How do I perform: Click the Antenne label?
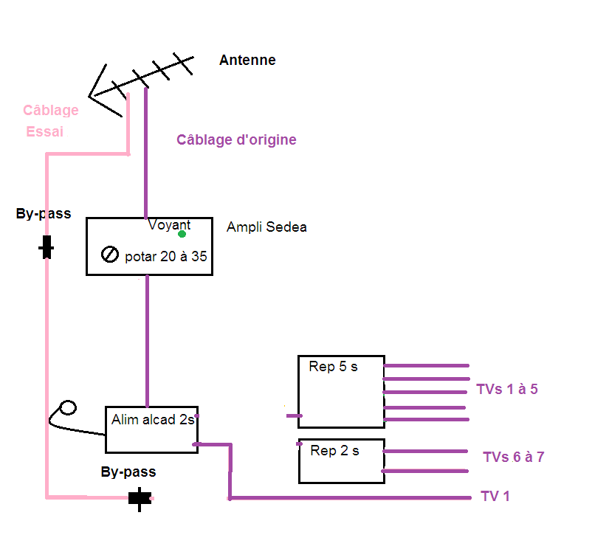(247, 60)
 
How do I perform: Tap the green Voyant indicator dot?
(182, 234)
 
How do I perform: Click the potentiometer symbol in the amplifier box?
(110, 254)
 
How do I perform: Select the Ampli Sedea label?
(266, 227)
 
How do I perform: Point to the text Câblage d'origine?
(236, 139)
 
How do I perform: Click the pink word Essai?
(44, 131)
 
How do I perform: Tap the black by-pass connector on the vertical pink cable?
(47, 247)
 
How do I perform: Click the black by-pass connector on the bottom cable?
(140, 499)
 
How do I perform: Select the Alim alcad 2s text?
(153, 419)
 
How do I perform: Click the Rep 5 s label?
(333, 367)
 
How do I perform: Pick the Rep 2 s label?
(334, 450)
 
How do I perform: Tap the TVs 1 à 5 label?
(507, 390)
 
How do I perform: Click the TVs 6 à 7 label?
(514, 458)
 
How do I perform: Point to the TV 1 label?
(495, 496)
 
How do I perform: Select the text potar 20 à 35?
(166, 256)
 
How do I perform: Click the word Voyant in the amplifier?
(169, 224)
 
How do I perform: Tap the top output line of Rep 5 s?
(426, 365)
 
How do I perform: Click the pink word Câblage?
(51, 110)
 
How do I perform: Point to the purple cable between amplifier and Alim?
(147, 341)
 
